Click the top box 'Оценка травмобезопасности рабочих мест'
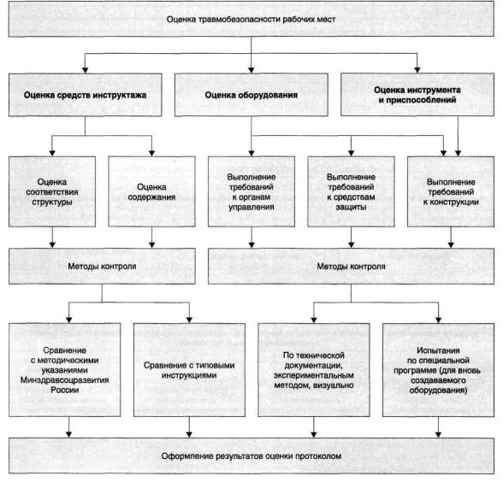tap(251, 19)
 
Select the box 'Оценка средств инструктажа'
tap(85, 95)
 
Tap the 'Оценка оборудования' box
tap(251, 95)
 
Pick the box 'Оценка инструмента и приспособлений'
tap(417, 95)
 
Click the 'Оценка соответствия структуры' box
tap(52, 191)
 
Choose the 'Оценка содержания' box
tap(151, 191)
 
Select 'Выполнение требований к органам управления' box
tap(251, 191)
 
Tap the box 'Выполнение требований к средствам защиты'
tap(352, 191)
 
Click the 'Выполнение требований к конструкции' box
tap(451, 191)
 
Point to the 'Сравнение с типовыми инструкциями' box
tap(189, 370)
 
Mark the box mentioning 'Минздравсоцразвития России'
tap(64, 370)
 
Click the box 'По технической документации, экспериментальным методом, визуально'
tap(314, 370)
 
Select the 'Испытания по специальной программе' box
tap(439, 370)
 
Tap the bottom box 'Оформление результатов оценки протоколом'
tap(251, 456)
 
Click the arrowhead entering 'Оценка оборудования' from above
tap(251, 70)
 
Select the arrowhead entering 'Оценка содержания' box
tap(151, 153)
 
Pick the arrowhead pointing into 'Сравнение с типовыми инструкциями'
tap(189, 320)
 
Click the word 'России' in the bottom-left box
tap(64, 390)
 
